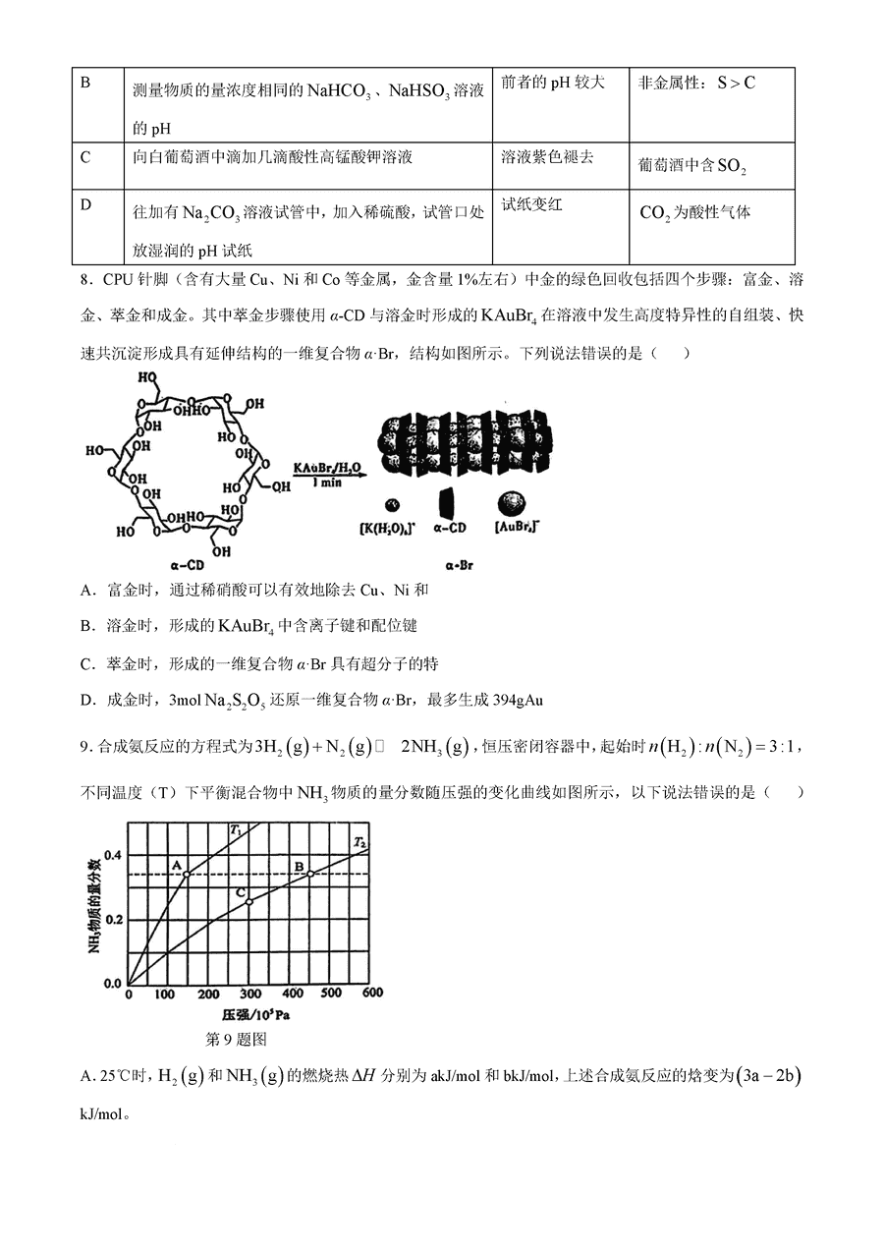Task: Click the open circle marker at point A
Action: point(187,874)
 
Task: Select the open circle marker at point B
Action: point(310,874)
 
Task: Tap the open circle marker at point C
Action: point(249,901)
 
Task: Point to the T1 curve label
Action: point(236,830)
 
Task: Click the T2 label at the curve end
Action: point(360,843)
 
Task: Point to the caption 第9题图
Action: point(235,1039)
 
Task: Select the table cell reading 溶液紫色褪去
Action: point(547,157)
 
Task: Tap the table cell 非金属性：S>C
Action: point(696,84)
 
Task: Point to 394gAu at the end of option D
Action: point(511,701)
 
